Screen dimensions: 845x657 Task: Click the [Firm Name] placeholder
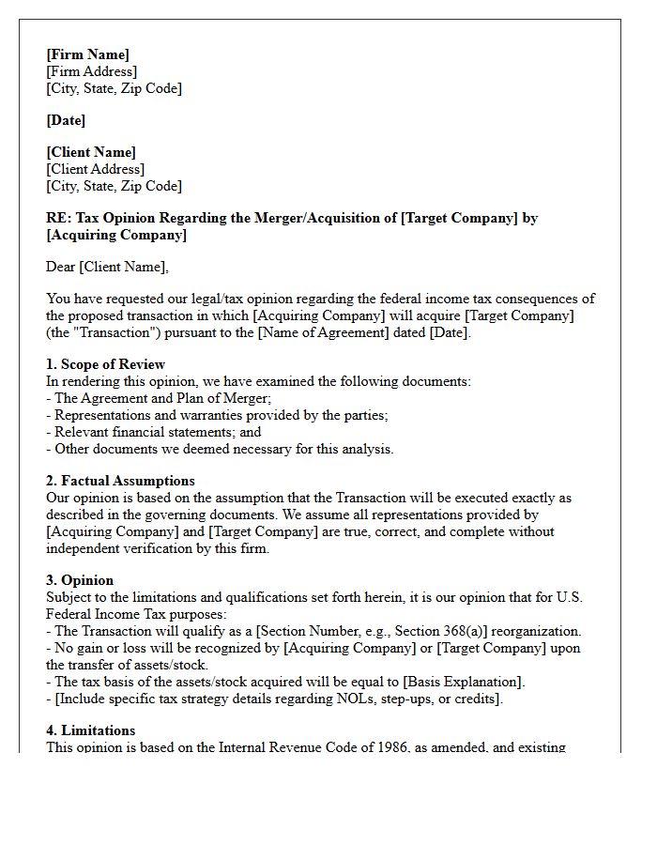(87, 54)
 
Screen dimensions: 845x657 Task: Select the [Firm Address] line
(91, 71)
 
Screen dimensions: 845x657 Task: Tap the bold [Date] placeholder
(66, 120)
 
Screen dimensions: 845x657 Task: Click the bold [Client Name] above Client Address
(91, 152)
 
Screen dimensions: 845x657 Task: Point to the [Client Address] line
(95, 169)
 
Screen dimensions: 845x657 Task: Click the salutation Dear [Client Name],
(107, 267)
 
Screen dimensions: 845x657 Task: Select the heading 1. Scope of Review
(105, 364)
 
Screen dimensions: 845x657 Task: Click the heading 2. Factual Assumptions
(120, 481)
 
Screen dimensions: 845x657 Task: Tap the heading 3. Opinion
(80, 580)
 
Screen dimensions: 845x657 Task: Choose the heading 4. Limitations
(90, 730)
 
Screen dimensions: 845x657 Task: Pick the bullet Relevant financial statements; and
(158, 432)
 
